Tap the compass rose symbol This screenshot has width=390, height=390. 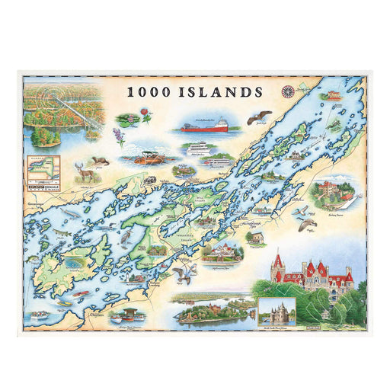[x=288, y=91]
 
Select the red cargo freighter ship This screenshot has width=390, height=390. [x=203, y=126]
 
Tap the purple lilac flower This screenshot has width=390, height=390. [x=119, y=136]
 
